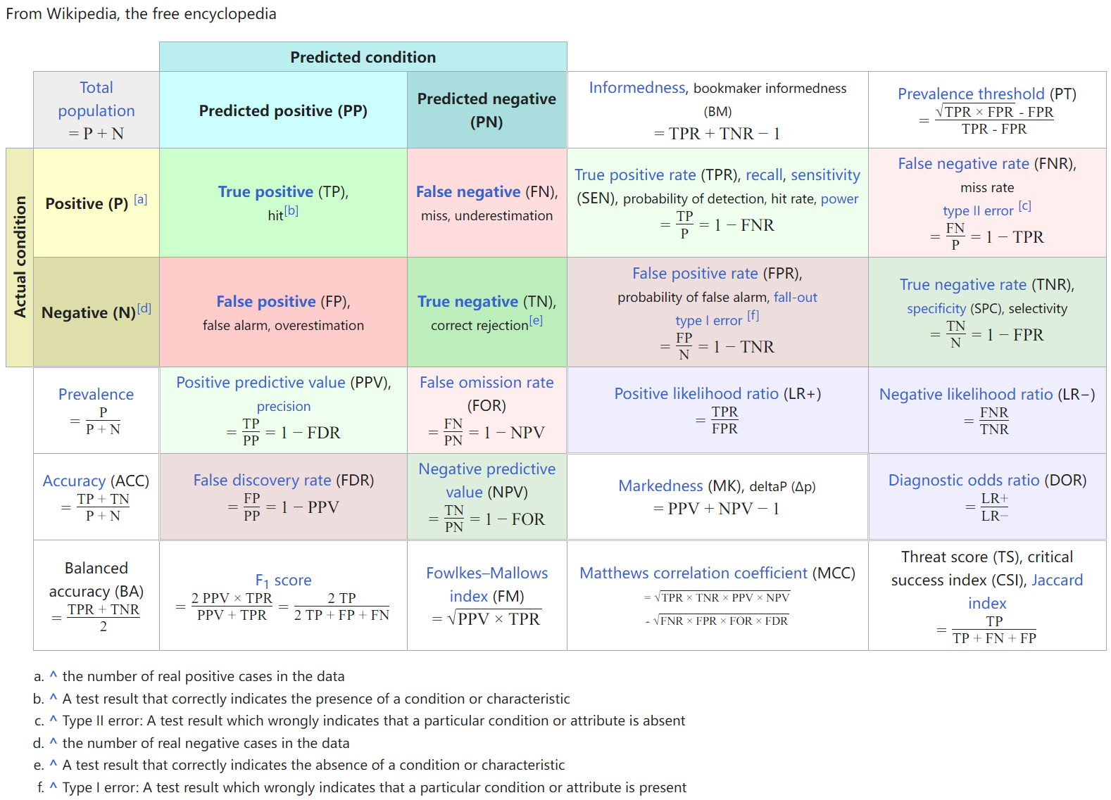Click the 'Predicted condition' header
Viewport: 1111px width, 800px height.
tap(363, 57)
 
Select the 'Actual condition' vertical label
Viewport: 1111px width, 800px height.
tap(20, 257)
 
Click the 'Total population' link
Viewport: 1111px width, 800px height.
tap(96, 99)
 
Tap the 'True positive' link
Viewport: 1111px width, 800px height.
tap(265, 191)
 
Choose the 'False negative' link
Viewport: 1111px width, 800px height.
tap(468, 191)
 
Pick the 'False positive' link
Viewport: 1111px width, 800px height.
tap(266, 301)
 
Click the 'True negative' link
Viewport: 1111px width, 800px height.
tap(467, 301)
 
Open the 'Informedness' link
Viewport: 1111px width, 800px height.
tap(636, 87)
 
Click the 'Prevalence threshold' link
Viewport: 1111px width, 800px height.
tap(971, 94)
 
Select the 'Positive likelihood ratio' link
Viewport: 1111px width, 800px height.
tap(696, 393)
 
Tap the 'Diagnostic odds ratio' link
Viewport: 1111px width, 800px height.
tap(963, 480)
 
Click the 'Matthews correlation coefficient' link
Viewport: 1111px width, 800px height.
tap(693, 573)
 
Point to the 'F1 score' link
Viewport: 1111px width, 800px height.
tap(283, 580)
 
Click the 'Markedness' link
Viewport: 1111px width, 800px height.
tap(660, 485)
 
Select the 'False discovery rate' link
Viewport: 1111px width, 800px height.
tap(262, 480)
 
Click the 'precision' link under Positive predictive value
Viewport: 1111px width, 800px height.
tap(283, 406)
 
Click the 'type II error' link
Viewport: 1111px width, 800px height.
tap(978, 210)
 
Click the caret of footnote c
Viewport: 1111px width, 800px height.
tap(54, 720)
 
